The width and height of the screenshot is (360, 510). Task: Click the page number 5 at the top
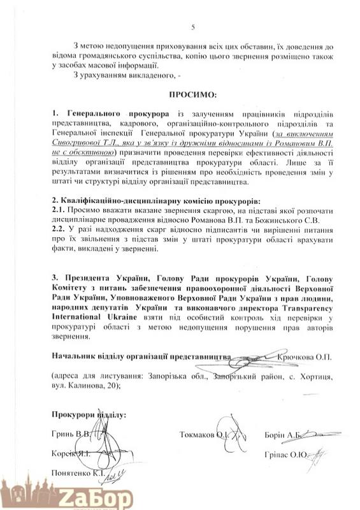[192, 25]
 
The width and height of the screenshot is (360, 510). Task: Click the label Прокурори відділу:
[89, 415]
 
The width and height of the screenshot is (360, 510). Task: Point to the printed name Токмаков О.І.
[204, 435]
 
